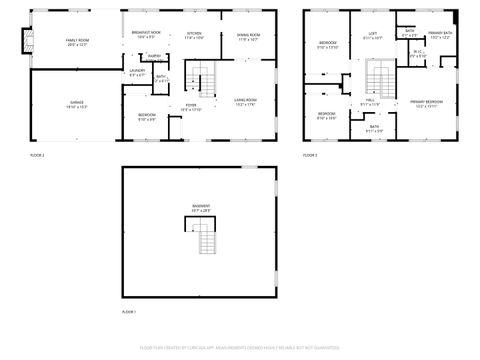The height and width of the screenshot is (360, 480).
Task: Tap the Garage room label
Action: click(x=77, y=104)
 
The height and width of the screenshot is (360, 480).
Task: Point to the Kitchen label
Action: click(x=194, y=35)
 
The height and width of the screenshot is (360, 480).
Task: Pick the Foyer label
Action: click(x=191, y=106)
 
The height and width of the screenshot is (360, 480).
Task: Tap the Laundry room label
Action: click(x=138, y=73)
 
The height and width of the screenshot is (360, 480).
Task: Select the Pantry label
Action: click(x=154, y=56)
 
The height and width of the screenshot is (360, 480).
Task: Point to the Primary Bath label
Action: click(x=440, y=35)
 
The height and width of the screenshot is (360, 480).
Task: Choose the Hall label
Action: click(x=370, y=102)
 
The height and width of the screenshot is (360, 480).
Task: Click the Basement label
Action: click(x=202, y=206)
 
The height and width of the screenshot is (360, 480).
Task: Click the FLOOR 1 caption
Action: click(x=128, y=313)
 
